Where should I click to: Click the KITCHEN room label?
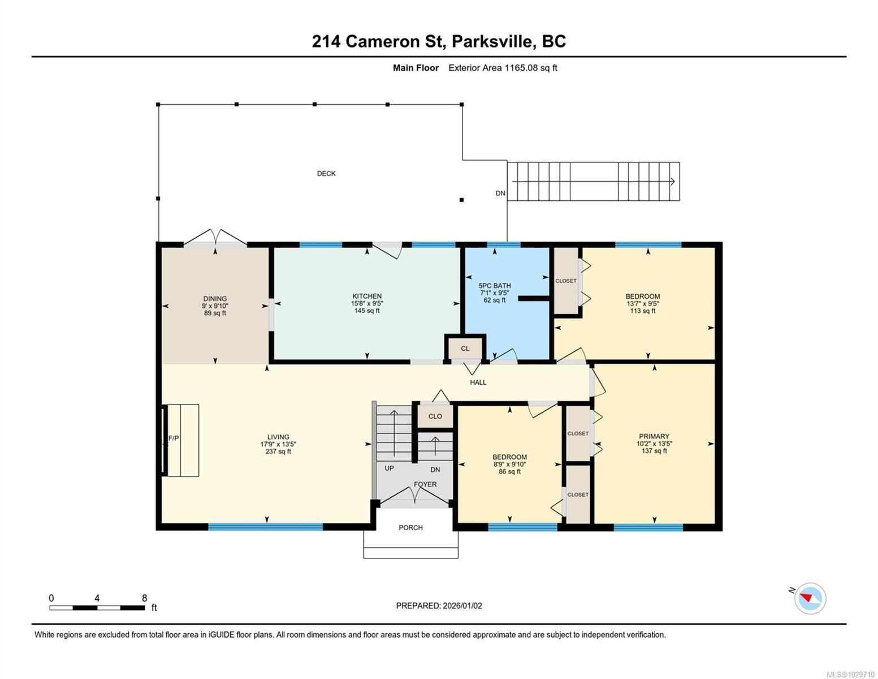pos(367,296)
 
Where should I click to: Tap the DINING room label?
pos(215,299)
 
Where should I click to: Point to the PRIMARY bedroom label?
pos(654,436)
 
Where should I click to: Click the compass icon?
pos(810,598)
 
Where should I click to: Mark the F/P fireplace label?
pos(173,439)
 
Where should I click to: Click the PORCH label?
pos(410,527)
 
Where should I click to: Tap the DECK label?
pos(326,174)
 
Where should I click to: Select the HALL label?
pos(478,383)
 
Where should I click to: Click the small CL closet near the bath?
pos(465,349)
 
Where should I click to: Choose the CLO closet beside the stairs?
pos(435,416)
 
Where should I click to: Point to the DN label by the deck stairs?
pos(500,194)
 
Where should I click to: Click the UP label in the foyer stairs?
pos(389,469)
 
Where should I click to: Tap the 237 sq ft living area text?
pos(278,452)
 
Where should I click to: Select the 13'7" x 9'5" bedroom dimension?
pos(643,303)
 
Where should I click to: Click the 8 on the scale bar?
pos(144,598)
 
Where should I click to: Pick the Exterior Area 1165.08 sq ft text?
pos(503,68)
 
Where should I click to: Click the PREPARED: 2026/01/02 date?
pos(439,605)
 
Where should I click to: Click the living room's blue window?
pos(266,527)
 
